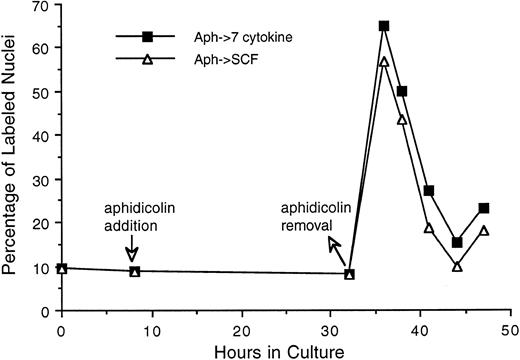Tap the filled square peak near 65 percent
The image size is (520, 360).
[x=384, y=26]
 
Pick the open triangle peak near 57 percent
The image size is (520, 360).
[x=384, y=62]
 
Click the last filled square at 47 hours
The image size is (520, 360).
[x=483, y=208]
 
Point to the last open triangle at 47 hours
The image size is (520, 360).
[x=483, y=231]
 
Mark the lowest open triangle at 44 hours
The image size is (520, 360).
[x=456, y=266]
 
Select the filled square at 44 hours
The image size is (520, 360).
[x=456, y=242]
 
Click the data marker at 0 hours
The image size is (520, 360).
[x=62, y=268]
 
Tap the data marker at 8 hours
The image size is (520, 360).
[x=134, y=271]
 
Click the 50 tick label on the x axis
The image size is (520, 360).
[x=510, y=328]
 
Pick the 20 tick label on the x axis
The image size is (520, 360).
[x=241, y=328]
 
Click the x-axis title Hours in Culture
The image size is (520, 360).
[x=286, y=349]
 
